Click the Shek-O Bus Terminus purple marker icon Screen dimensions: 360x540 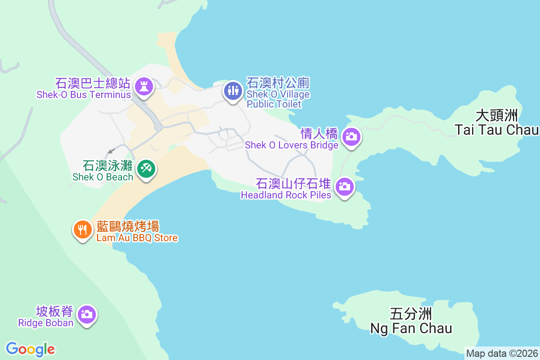tap(144, 86)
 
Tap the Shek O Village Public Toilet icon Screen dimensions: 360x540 tap(233, 91)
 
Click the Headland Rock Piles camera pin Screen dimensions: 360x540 tap(345, 186)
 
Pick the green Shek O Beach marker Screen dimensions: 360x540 tap(146, 169)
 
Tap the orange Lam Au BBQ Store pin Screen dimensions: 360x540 tap(82, 230)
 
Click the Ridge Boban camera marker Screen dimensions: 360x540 tap(86, 314)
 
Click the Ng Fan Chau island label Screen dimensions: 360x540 tap(411, 328)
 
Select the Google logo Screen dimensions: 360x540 tap(31, 349)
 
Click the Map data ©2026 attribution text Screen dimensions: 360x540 tap(502, 353)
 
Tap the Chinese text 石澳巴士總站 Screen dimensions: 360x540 tap(93, 84)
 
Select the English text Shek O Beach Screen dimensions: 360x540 tap(103, 177)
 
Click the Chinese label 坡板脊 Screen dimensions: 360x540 tap(54, 311)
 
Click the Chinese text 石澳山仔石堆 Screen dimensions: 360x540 tap(293, 184)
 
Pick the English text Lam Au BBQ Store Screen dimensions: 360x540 tap(137, 238)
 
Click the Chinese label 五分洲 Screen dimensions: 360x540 tap(411, 314)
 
